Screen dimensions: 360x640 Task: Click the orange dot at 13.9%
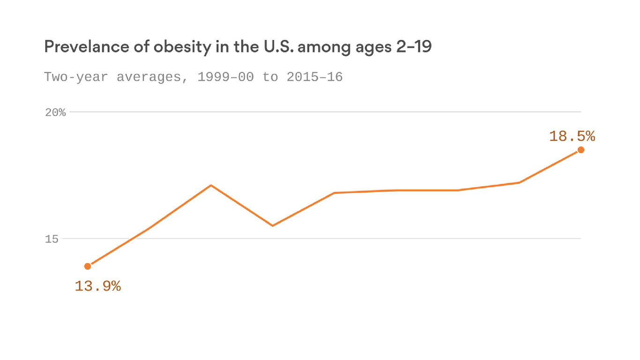pos(88,266)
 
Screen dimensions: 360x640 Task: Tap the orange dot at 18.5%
pos(581,150)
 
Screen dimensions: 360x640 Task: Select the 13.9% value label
pos(98,286)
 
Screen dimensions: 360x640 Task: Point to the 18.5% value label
pos(572,136)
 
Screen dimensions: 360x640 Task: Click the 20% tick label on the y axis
pos(55,112)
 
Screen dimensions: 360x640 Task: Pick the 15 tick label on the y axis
pos(52,239)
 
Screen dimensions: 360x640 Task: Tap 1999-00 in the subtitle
pos(225,77)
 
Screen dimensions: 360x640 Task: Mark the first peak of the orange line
pos(211,185)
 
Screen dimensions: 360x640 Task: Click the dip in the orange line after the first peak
pos(273,225)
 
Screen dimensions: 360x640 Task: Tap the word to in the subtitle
pos(270,77)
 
